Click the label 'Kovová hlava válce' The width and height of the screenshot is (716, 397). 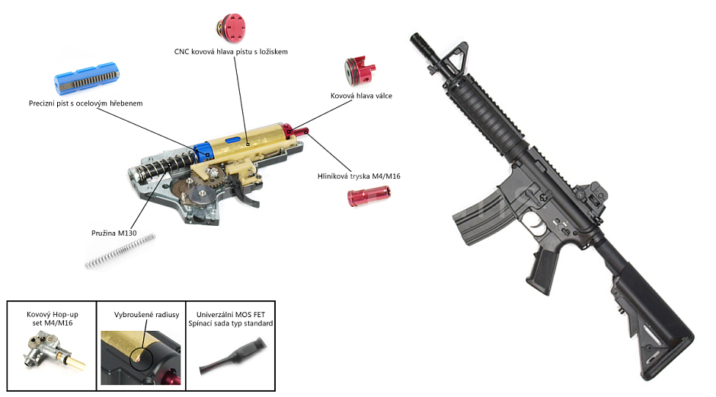(x=361, y=96)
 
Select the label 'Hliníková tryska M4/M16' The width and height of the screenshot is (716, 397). (x=359, y=176)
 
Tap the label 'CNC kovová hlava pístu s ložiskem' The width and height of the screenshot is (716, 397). (x=231, y=52)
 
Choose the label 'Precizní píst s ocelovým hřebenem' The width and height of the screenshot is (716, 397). (x=85, y=103)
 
